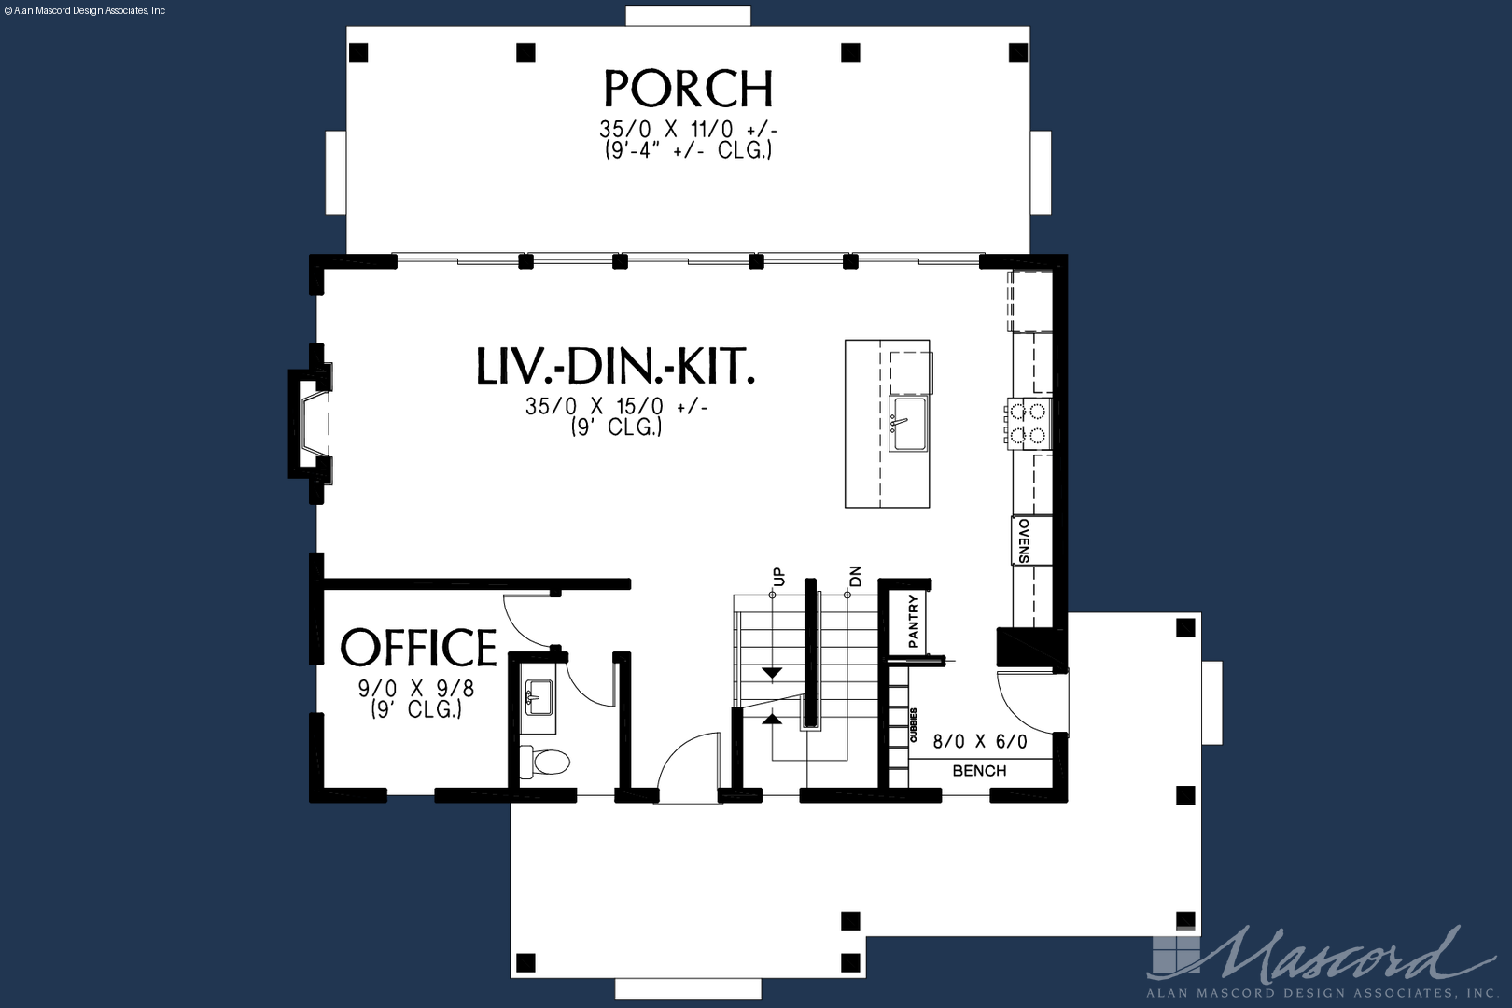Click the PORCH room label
coord(688,89)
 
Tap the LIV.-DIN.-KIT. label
coord(616,367)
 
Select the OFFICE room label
coord(418,648)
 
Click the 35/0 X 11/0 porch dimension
coord(688,128)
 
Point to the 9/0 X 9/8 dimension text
coord(416,689)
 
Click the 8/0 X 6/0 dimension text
coord(980,741)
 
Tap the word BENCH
coord(979,770)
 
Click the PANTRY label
coord(914,622)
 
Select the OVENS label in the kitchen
coord(1024,540)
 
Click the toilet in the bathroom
coord(545,762)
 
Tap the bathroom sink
coord(539,697)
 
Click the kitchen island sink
coord(908,424)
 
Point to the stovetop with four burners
coord(1028,424)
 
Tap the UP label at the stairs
coord(779,577)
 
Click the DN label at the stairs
coord(855,576)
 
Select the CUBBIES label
coord(914,725)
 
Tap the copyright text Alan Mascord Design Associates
coord(85,11)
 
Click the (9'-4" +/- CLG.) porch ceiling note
coord(688,150)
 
